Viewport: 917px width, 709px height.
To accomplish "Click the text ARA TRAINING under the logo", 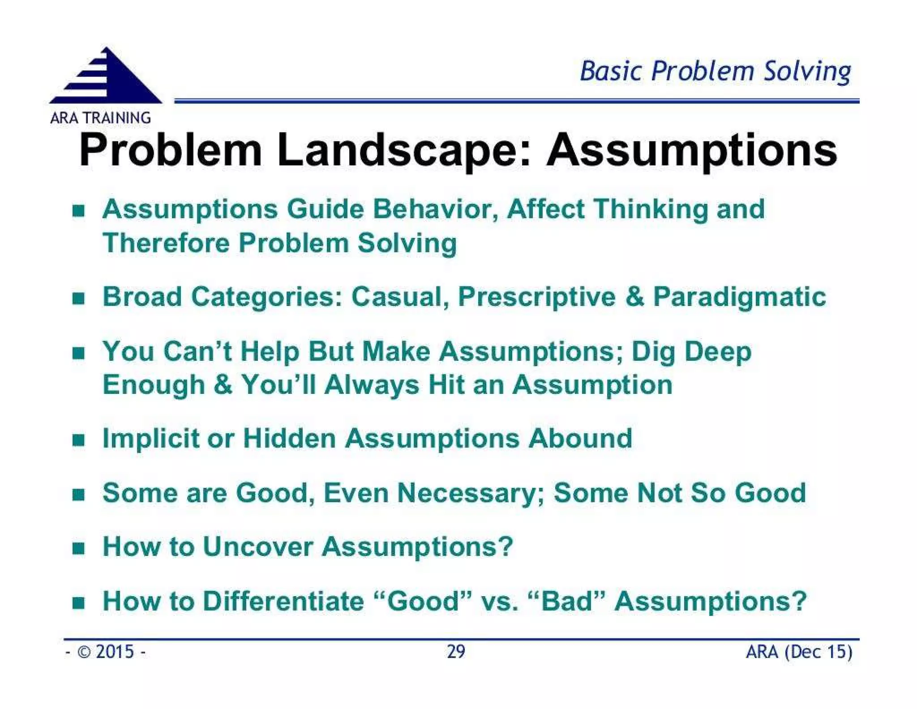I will [x=100, y=118].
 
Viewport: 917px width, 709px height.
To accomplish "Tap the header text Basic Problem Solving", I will [x=715, y=72].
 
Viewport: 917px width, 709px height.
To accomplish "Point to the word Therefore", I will [x=166, y=243].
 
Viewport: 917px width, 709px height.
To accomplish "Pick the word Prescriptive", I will [x=536, y=297].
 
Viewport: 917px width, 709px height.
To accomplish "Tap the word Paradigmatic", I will [x=739, y=297].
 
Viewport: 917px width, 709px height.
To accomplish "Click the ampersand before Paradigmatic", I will [x=634, y=297].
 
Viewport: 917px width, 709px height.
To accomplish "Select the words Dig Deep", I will [x=691, y=351].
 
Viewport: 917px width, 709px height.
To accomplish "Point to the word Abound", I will [x=580, y=438].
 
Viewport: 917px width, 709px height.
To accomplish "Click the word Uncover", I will [x=257, y=547].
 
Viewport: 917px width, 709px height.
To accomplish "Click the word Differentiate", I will [x=283, y=601].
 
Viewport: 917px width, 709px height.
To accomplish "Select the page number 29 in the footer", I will [x=456, y=652].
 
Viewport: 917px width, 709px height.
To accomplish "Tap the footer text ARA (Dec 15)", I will [x=799, y=652].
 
